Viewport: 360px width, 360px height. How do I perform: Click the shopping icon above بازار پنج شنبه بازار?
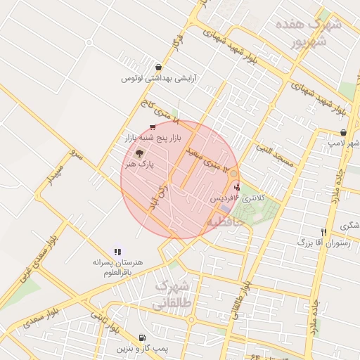[152, 127]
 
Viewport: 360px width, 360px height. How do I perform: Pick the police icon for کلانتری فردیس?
[236, 187]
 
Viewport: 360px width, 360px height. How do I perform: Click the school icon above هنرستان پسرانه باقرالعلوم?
[117, 251]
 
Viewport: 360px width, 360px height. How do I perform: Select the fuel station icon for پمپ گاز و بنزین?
[143, 337]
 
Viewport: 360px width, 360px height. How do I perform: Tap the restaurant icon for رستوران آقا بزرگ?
[323, 232]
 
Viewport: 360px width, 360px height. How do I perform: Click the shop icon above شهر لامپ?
[342, 132]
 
